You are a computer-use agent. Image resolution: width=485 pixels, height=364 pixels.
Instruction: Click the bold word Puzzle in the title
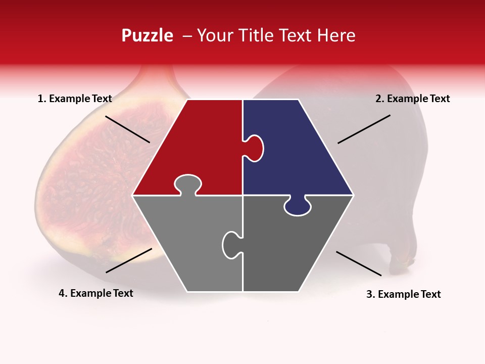click(x=147, y=35)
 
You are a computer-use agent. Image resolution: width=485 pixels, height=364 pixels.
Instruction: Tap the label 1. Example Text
click(x=75, y=99)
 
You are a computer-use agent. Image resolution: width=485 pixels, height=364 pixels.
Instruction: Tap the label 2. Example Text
click(x=412, y=99)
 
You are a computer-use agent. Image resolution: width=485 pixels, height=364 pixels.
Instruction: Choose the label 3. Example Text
click(x=403, y=294)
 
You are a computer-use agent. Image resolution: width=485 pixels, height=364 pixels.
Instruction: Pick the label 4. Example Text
click(x=96, y=293)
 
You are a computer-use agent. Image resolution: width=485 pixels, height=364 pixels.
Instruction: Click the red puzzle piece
click(x=197, y=147)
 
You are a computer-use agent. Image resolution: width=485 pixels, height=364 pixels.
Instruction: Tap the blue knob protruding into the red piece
click(x=254, y=148)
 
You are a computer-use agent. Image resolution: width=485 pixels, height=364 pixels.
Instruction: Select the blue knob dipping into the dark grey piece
click(x=297, y=206)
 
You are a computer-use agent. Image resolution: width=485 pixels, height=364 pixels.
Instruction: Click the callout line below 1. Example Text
click(x=127, y=129)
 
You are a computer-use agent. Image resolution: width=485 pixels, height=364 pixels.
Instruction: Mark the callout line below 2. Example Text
click(x=364, y=129)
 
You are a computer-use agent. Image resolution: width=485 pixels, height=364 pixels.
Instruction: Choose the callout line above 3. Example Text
click(x=359, y=263)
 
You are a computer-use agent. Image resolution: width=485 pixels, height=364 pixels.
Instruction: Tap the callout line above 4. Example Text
click(x=129, y=260)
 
